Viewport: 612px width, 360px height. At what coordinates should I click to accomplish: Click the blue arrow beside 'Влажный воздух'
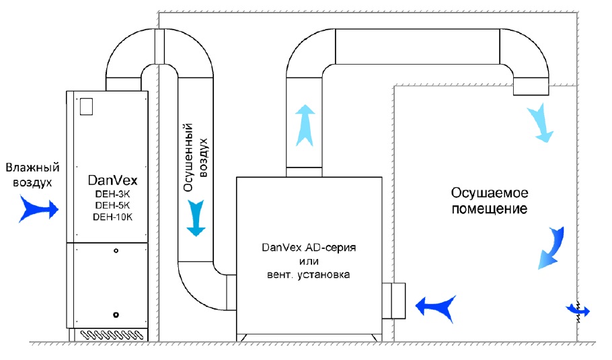tap(39, 209)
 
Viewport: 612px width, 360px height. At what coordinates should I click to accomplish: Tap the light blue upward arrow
tap(306, 124)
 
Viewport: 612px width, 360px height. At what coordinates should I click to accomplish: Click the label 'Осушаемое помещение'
tap(488, 201)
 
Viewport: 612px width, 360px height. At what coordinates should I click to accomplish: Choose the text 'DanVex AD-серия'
tap(307, 248)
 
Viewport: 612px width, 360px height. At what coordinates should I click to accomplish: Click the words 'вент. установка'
tap(307, 275)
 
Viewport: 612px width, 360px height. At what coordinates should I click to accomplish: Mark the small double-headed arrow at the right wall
tap(578, 310)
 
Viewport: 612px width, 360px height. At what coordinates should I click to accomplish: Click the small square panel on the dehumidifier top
tap(85, 106)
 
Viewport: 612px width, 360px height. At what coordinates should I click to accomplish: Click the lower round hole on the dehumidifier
tap(116, 314)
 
